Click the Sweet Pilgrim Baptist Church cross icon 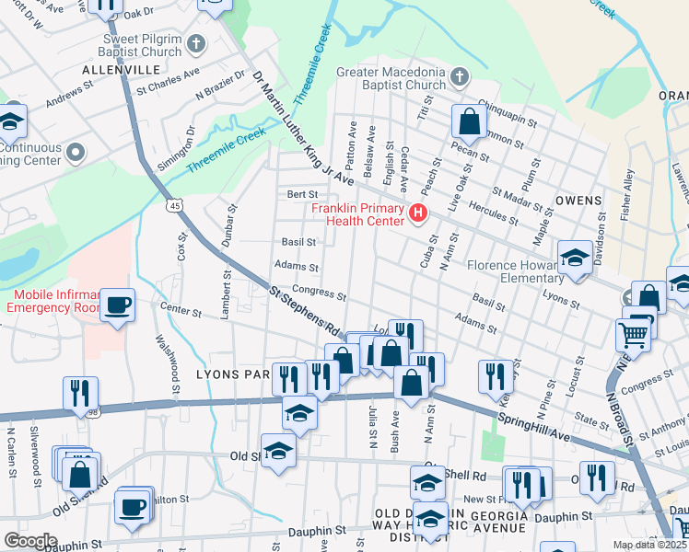click(195, 43)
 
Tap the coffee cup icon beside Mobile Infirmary click(118, 305)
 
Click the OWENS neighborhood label click(578, 200)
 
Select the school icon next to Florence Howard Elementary click(576, 259)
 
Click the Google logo click(30, 540)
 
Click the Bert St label click(302, 194)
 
